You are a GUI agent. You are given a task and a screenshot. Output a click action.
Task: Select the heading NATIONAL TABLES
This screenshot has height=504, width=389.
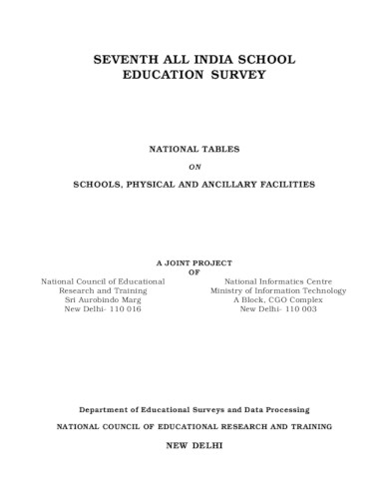tap(194, 148)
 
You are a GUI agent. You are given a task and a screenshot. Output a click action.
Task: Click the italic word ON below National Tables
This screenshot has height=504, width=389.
tap(194, 166)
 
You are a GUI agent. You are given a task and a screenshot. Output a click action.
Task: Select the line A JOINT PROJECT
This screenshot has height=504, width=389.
tap(194, 261)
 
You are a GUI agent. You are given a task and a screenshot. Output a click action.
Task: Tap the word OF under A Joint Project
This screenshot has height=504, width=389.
tap(194, 271)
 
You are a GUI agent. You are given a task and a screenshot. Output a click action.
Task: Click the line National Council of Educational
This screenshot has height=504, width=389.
tap(103, 281)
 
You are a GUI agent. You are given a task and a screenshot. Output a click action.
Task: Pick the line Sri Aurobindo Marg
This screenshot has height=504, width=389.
tap(103, 300)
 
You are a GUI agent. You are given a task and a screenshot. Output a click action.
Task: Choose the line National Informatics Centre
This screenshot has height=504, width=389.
tap(278, 281)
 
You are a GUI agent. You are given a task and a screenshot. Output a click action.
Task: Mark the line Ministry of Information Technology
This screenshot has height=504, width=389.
tap(278, 290)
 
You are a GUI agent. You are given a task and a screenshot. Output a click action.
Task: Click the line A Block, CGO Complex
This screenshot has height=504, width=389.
tap(278, 300)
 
